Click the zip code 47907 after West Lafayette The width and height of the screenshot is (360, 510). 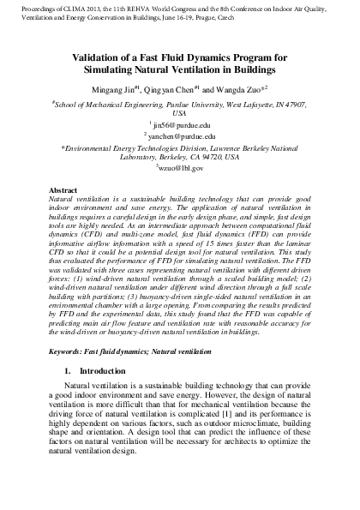tap(290, 103)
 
